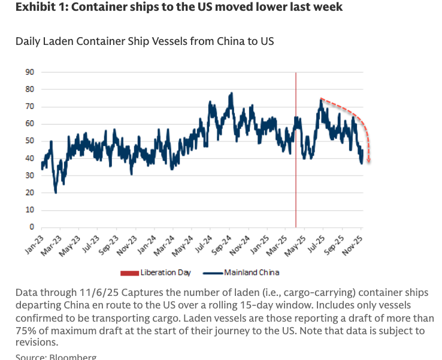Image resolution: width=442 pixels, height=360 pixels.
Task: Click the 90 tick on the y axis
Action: (x=29, y=72)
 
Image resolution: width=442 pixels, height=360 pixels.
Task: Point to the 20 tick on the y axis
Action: (x=29, y=193)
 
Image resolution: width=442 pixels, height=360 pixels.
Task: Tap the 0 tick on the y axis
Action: (x=31, y=228)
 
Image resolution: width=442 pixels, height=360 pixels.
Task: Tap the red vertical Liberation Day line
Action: (x=296, y=150)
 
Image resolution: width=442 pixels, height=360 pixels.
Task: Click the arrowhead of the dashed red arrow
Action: (x=369, y=161)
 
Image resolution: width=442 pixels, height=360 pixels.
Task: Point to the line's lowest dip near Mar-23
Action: (x=56, y=192)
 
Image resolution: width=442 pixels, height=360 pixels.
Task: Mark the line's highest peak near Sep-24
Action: (x=231, y=93)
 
